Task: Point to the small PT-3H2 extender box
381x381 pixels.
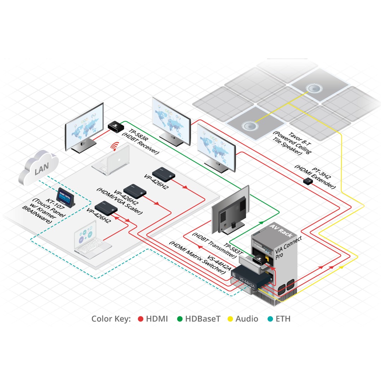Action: [x=308, y=181]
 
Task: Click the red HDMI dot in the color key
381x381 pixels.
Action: [x=140, y=319]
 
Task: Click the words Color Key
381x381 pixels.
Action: [x=111, y=319]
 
